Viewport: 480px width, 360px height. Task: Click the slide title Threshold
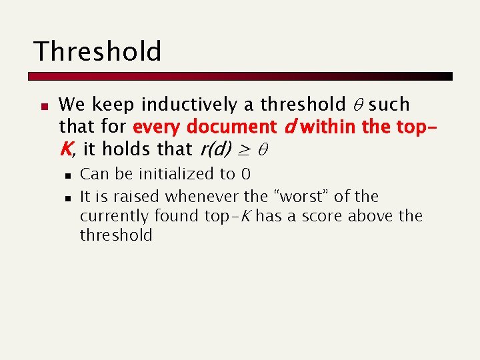pos(97,51)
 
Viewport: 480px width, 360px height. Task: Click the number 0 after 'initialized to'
pos(245,175)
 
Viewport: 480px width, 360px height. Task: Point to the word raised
pos(138,197)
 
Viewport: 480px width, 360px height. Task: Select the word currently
pos(114,216)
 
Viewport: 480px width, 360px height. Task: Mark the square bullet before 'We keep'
pos(43,105)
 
